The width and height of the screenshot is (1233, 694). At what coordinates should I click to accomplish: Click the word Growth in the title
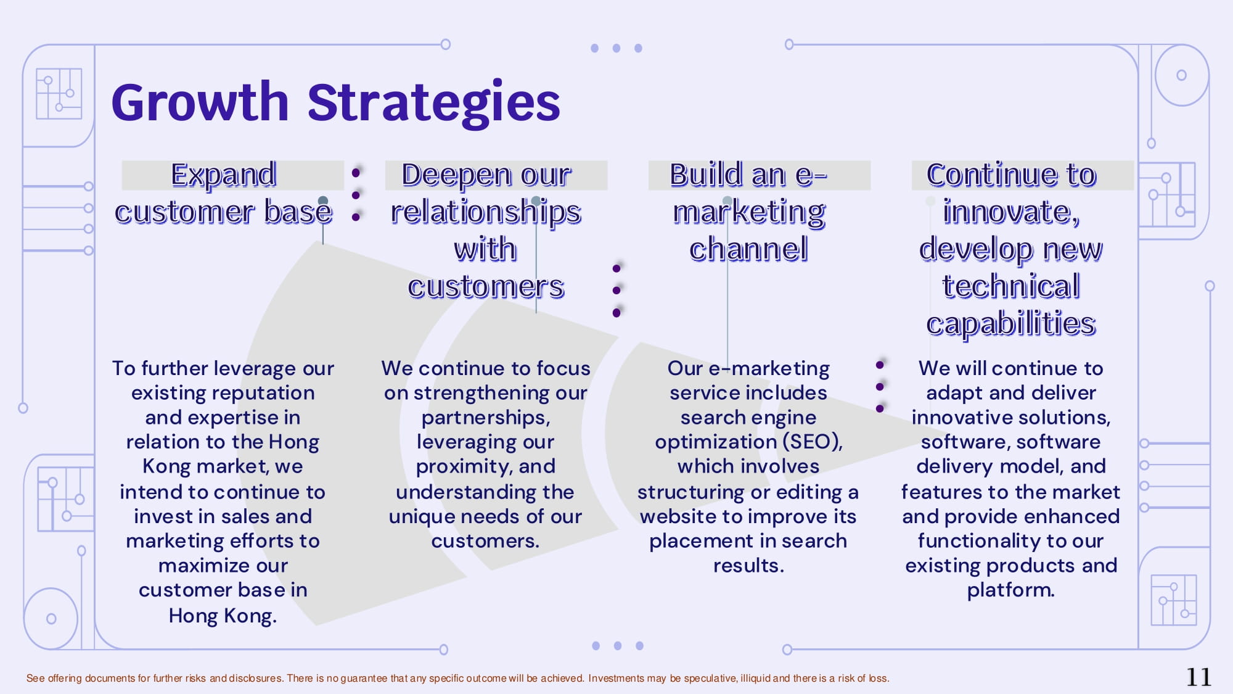pyautogui.click(x=200, y=102)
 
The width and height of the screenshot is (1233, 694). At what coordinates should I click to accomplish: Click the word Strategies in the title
pyautogui.click(x=434, y=104)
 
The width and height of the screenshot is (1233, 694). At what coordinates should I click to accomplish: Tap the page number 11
pyautogui.click(x=1198, y=677)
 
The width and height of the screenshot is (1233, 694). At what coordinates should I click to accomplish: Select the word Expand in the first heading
pyautogui.click(x=223, y=175)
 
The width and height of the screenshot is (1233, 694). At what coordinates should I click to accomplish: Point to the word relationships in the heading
pyautogui.click(x=486, y=212)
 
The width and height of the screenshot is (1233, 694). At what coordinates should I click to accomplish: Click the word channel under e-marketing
pyautogui.click(x=748, y=249)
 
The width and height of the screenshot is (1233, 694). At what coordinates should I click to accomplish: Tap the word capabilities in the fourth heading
pyautogui.click(x=1011, y=324)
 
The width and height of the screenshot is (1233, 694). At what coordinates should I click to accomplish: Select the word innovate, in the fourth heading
pyautogui.click(x=1011, y=212)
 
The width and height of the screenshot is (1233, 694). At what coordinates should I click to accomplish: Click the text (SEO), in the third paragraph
pyautogui.click(x=813, y=442)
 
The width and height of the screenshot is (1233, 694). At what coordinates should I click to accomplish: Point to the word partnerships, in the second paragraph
pyautogui.click(x=486, y=418)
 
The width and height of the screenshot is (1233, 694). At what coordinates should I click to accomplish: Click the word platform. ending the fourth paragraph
pyautogui.click(x=1011, y=590)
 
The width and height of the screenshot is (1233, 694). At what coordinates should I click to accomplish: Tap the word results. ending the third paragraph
pyautogui.click(x=748, y=566)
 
